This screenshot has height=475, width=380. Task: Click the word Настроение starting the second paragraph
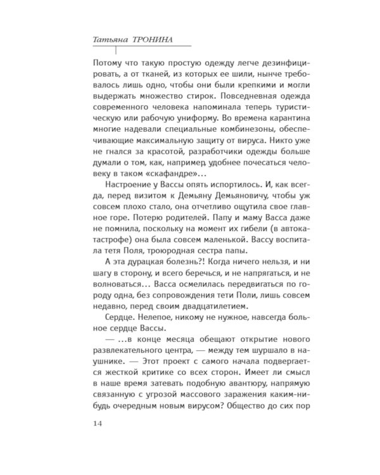click(x=123, y=185)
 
